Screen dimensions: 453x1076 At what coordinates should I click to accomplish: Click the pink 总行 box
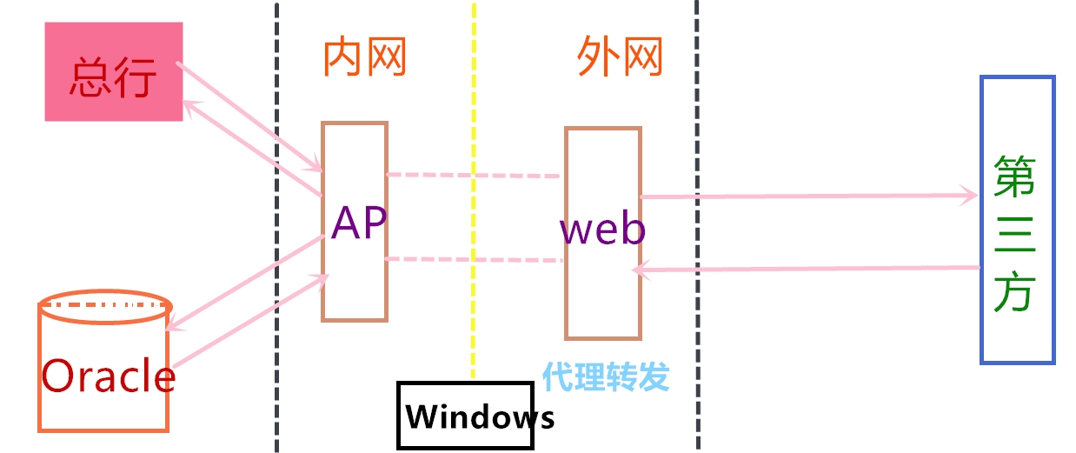[114, 72]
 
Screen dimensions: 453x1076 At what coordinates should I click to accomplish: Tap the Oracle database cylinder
[104, 365]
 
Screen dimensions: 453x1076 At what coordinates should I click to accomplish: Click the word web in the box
[602, 230]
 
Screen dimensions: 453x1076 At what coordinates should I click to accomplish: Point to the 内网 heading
[365, 59]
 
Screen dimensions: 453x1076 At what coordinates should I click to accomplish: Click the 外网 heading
[620, 59]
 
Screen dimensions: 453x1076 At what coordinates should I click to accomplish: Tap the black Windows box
[465, 416]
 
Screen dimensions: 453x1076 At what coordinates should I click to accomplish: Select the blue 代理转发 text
[606, 377]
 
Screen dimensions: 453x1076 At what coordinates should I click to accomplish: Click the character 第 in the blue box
[1014, 177]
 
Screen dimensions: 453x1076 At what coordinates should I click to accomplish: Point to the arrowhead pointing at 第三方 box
[971, 196]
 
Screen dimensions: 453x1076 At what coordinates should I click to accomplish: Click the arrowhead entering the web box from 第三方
[639, 270]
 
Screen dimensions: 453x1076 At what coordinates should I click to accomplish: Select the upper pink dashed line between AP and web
[474, 176]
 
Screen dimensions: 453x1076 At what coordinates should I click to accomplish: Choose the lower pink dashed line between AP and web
[474, 259]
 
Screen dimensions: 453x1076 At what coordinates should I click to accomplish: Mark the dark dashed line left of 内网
[276, 261]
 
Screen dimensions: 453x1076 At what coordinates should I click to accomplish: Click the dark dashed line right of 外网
[697, 261]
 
